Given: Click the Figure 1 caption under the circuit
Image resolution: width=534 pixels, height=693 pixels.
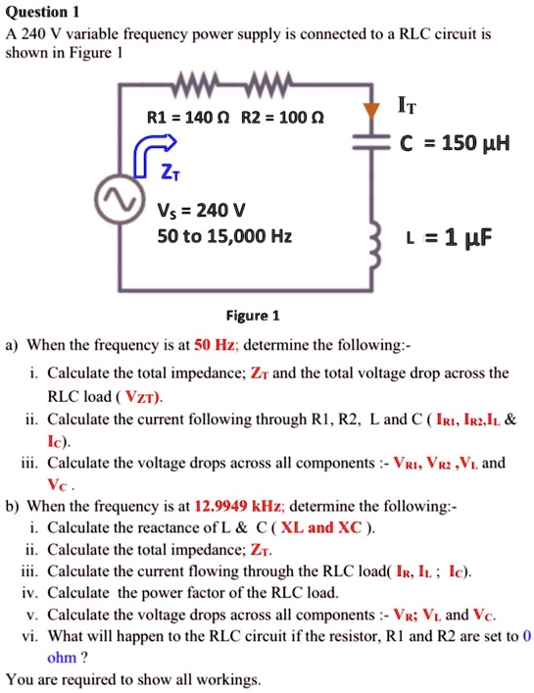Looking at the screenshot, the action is point(253,316).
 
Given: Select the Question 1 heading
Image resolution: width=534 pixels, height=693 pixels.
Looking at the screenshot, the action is point(42,12).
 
